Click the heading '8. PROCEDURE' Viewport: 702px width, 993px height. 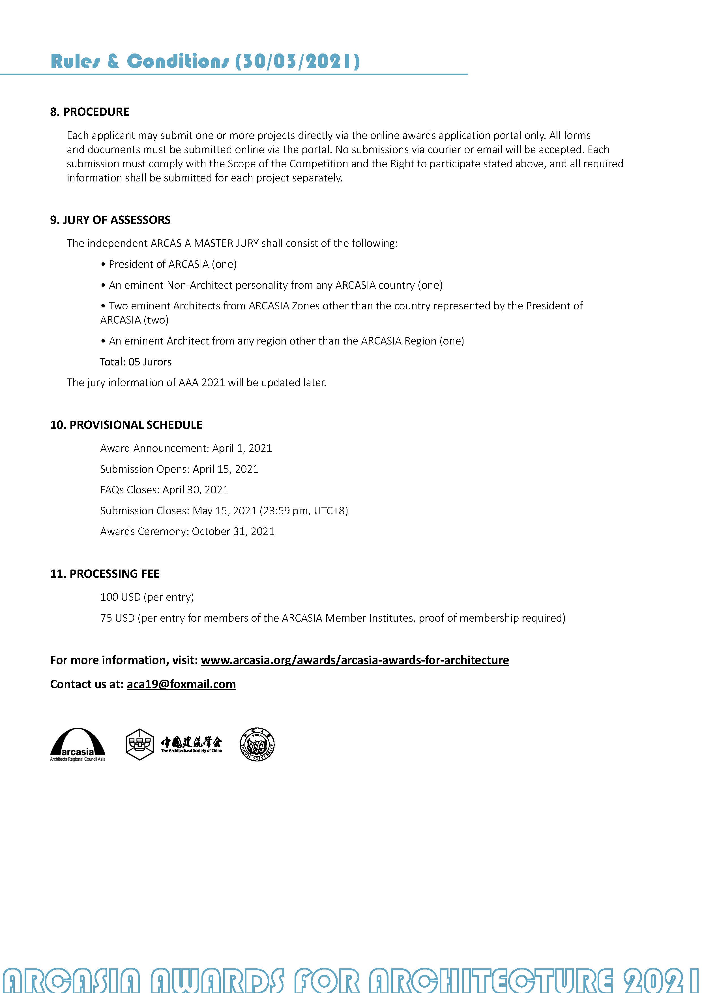tap(89, 112)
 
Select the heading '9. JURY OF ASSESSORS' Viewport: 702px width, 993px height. tap(110, 220)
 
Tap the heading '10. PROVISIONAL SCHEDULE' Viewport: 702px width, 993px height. tap(126, 425)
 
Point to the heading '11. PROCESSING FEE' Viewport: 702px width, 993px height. tap(105, 574)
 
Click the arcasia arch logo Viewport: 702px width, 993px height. tap(78, 743)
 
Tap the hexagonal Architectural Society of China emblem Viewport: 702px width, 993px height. tap(139, 744)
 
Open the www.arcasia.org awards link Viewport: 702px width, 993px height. tap(355, 660)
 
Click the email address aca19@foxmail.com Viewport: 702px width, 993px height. tap(181, 684)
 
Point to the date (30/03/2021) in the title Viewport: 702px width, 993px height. tap(297, 61)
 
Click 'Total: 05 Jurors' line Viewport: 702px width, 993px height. tap(136, 362)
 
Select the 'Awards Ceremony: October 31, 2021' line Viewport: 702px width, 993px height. tap(187, 532)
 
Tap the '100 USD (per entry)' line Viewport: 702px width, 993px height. tap(147, 597)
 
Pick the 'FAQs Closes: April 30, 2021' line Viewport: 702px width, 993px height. tap(164, 490)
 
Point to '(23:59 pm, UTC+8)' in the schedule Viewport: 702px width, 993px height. tap(304, 511)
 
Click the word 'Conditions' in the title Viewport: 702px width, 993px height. tap(177, 61)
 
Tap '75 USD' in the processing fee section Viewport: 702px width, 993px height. tap(118, 618)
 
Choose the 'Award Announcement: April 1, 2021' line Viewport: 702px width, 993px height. tap(186, 448)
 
